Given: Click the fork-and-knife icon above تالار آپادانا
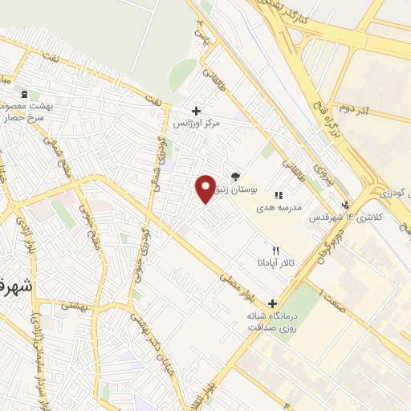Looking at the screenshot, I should (x=275, y=250).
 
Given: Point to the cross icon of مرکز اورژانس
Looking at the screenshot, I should (x=196, y=111).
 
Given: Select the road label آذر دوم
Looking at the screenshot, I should (x=352, y=106).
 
